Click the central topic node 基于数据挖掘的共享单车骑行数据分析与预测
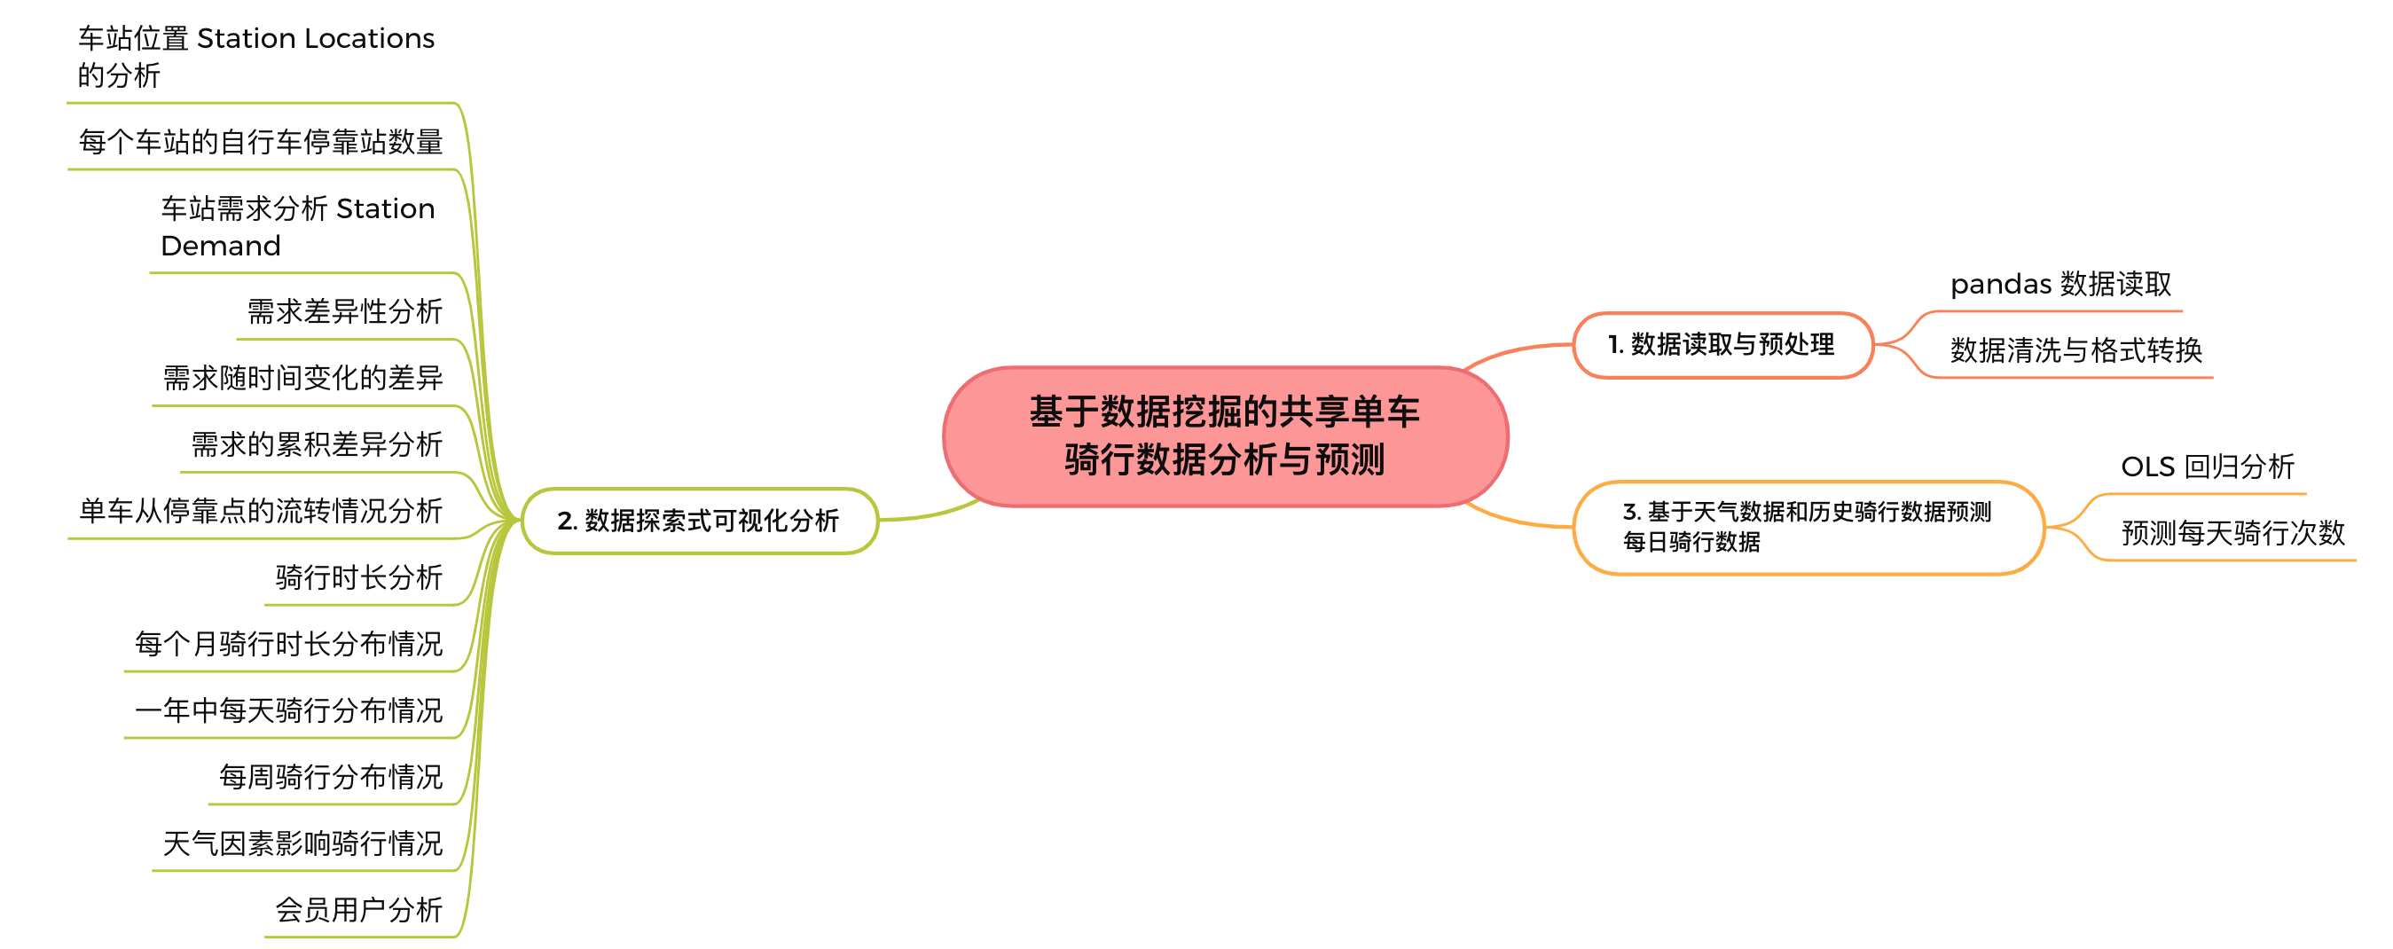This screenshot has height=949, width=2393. (x=1224, y=435)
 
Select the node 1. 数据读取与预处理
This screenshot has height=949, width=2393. (x=1722, y=344)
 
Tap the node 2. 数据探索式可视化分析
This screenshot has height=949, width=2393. (x=699, y=521)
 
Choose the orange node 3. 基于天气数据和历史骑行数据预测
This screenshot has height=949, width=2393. (x=1807, y=527)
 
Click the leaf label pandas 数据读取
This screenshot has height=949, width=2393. (x=2060, y=283)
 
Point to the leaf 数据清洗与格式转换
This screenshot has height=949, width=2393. (x=2075, y=350)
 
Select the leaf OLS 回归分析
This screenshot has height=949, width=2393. (x=2208, y=467)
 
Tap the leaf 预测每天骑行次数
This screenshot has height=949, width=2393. (x=2232, y=533)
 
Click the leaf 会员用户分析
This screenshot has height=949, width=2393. (x=358, y=910)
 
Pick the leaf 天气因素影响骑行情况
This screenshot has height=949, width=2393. (x=302, y=843)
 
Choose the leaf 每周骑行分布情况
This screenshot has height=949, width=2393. (x=331, y=776)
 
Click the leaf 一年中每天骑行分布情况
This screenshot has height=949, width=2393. (x=289, y=710)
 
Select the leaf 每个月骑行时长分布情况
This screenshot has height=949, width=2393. (x=289, y=644)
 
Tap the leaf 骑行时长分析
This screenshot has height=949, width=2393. (x=358, y=577)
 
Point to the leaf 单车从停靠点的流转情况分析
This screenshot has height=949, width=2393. (x=261, y=511)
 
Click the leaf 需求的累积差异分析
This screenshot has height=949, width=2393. (x=317, y=443)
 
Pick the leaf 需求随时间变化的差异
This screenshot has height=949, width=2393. (x=302, y=378)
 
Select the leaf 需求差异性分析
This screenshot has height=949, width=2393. (x=345, y=311)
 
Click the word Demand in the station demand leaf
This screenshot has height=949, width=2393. (x=221, y=246)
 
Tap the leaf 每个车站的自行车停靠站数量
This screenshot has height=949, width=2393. (x=261, y=142)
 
